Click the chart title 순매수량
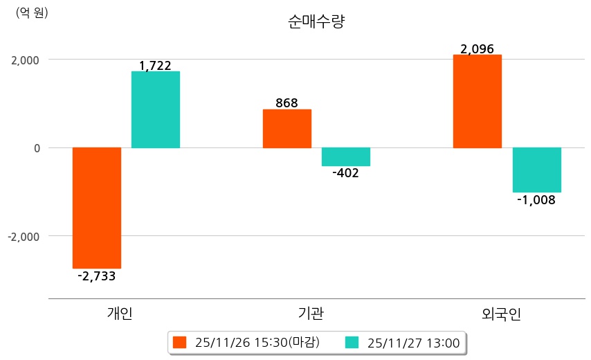pos(316,21)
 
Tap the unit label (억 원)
pos(32,12)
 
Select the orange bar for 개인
pos(97,208)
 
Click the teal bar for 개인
pos(156,109)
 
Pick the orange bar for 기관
pos(287,129)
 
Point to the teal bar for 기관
pos(346,156)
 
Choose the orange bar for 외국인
pos(477,101)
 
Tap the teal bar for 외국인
pos(536,170)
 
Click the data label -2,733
pos(97,276)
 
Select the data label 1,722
pos(155,66)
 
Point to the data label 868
pos(287,103)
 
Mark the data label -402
pos(345,173)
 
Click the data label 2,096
pos(477,49)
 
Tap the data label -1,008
pos(536,199)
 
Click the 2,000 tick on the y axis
pos(25,60)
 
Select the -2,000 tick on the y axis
pos(24,236)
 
